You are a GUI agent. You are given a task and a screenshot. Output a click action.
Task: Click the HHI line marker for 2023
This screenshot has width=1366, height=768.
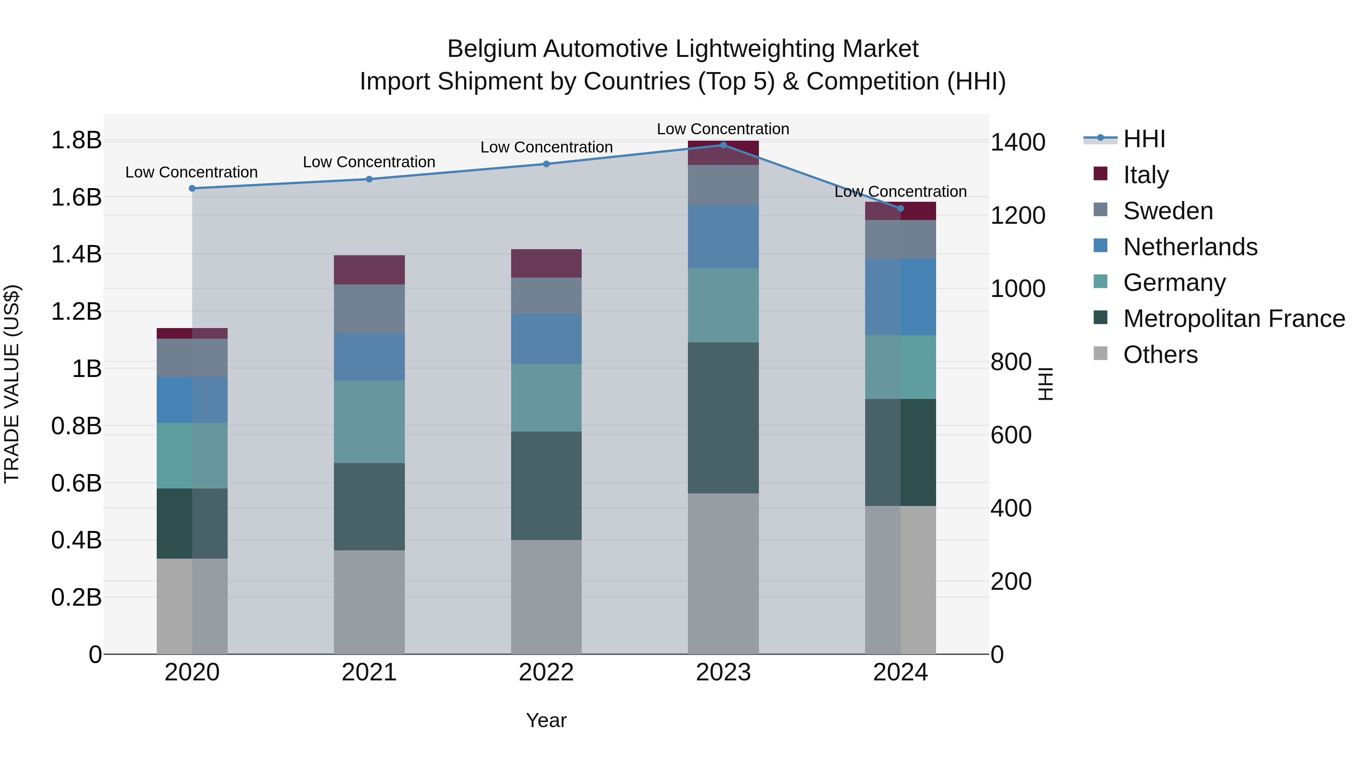click(x=723, y=145)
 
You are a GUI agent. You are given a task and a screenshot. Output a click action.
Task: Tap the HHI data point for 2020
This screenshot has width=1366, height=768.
click(x=192, y=188)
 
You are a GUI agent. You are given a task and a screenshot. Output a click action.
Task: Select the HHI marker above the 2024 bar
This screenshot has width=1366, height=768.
click(x=900, y=208)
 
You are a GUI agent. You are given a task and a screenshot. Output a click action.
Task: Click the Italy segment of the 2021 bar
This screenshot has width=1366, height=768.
click(x=369, y=270)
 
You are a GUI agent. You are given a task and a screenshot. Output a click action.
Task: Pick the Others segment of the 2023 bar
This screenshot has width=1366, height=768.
click(x=723, y=573)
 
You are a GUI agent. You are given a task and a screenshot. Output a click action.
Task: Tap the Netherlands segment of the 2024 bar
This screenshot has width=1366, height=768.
click(x=900, y=297)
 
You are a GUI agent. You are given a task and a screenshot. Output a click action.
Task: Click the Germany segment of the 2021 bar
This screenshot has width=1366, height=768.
click(x=369, y=421)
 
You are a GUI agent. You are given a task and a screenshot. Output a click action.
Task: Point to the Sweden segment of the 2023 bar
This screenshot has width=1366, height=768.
click(x=723, y=185)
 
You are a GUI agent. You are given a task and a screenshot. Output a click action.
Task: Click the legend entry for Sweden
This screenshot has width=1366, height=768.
click(x=1168, y=211)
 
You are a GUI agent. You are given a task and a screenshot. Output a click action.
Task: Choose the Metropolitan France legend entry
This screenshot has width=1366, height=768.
click(x=1234, y=319)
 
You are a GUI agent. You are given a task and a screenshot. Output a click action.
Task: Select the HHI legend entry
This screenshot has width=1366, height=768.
click(x=1144, y=139)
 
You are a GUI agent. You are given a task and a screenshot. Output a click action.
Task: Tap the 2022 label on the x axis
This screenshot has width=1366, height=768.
click(x=546, y=672)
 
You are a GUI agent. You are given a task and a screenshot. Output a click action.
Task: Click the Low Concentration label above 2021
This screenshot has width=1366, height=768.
click(x=369, y=162)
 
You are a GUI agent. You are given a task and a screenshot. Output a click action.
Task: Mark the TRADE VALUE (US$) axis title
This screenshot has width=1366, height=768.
click(x=12, y=384)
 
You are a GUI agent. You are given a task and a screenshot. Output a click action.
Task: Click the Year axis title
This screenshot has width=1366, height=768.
click(x=546, y=720)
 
